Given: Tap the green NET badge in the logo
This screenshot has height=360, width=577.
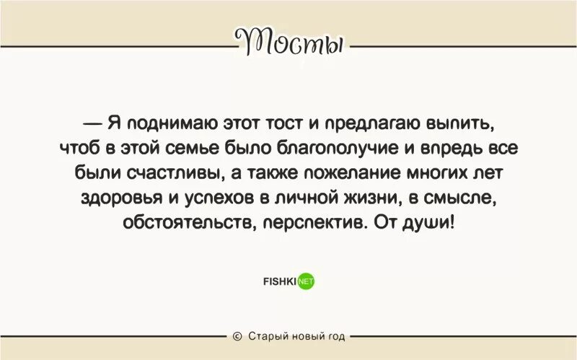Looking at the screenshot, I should [x=307, y=282].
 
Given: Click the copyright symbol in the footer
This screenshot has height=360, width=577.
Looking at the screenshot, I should [x=237, y=336].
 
